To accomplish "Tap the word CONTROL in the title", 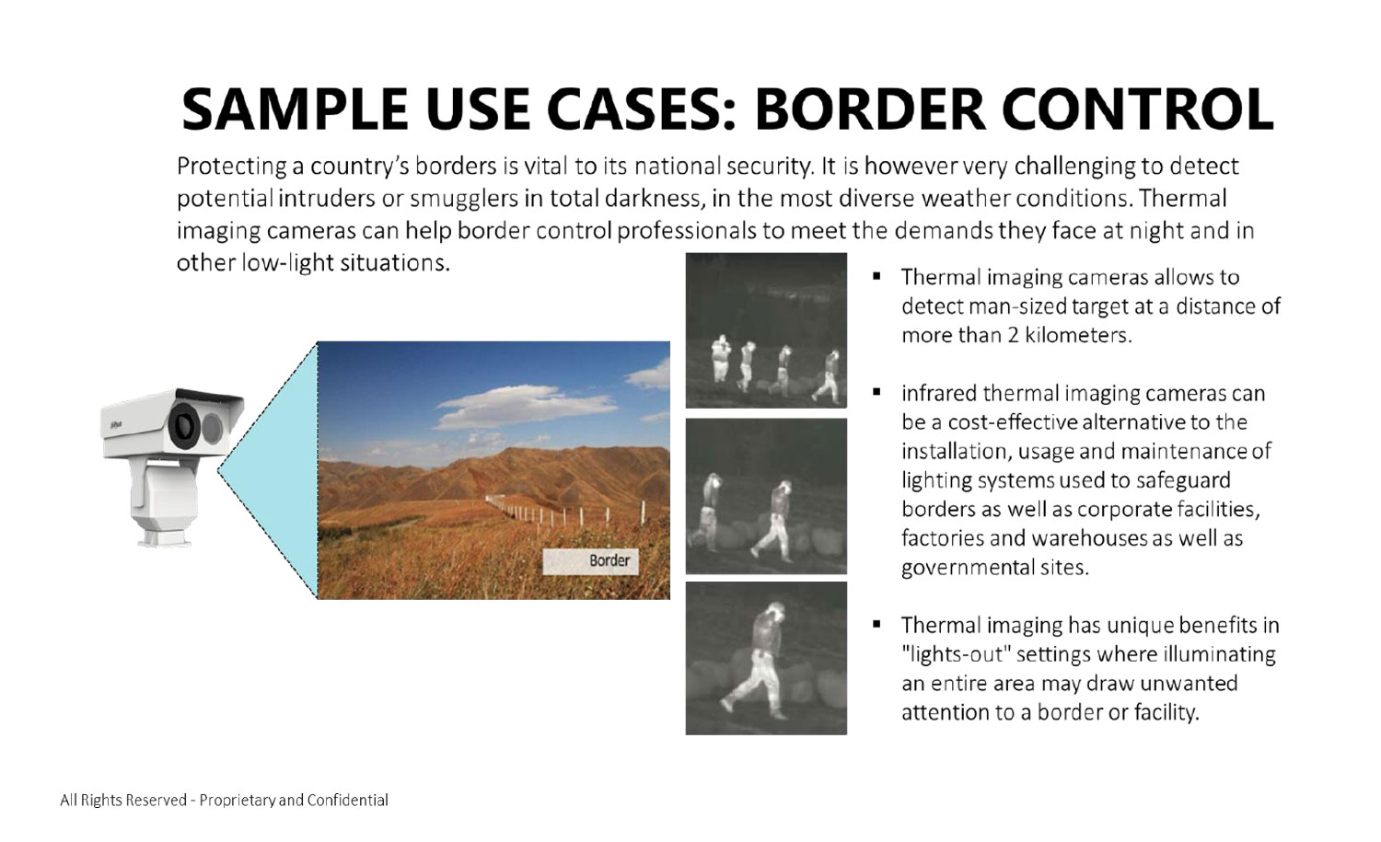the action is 1138,109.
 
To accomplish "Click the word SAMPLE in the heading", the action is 294,109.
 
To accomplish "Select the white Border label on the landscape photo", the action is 590,561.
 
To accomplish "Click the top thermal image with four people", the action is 766,330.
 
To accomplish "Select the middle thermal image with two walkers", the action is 766,496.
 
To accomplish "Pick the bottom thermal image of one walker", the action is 766,658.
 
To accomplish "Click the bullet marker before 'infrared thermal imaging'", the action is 876,393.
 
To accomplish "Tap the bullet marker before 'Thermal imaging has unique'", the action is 876,625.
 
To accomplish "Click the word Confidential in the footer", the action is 347,800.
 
